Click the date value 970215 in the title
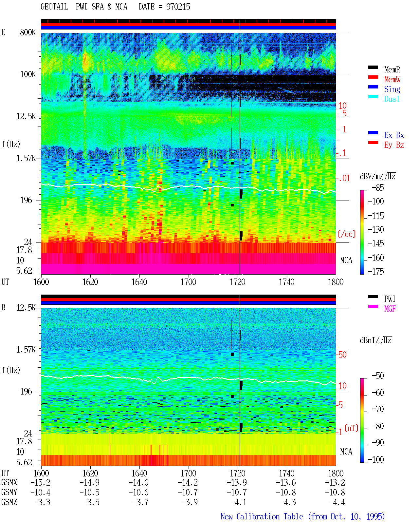pos(178,7)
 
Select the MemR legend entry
pos(392,69)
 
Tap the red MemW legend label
pos(392,79)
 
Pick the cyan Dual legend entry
pos(392,99)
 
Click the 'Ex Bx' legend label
pos(394,135)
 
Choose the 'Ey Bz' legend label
pos(394,145)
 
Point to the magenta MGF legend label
pos(390,309)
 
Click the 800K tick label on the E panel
pos(28,32)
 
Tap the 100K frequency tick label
pos(28,74)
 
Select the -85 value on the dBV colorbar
pos(378,187)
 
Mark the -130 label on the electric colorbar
pos(376,229)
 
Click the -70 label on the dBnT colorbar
pos(378,409)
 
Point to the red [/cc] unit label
pos(347,234)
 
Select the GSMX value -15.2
pos(41,482)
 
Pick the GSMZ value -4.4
pos(337,502)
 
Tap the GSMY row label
pos(9,492)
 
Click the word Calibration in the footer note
pos(258,516)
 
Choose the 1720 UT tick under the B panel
pos(238,473)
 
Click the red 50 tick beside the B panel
pos(342,355)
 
